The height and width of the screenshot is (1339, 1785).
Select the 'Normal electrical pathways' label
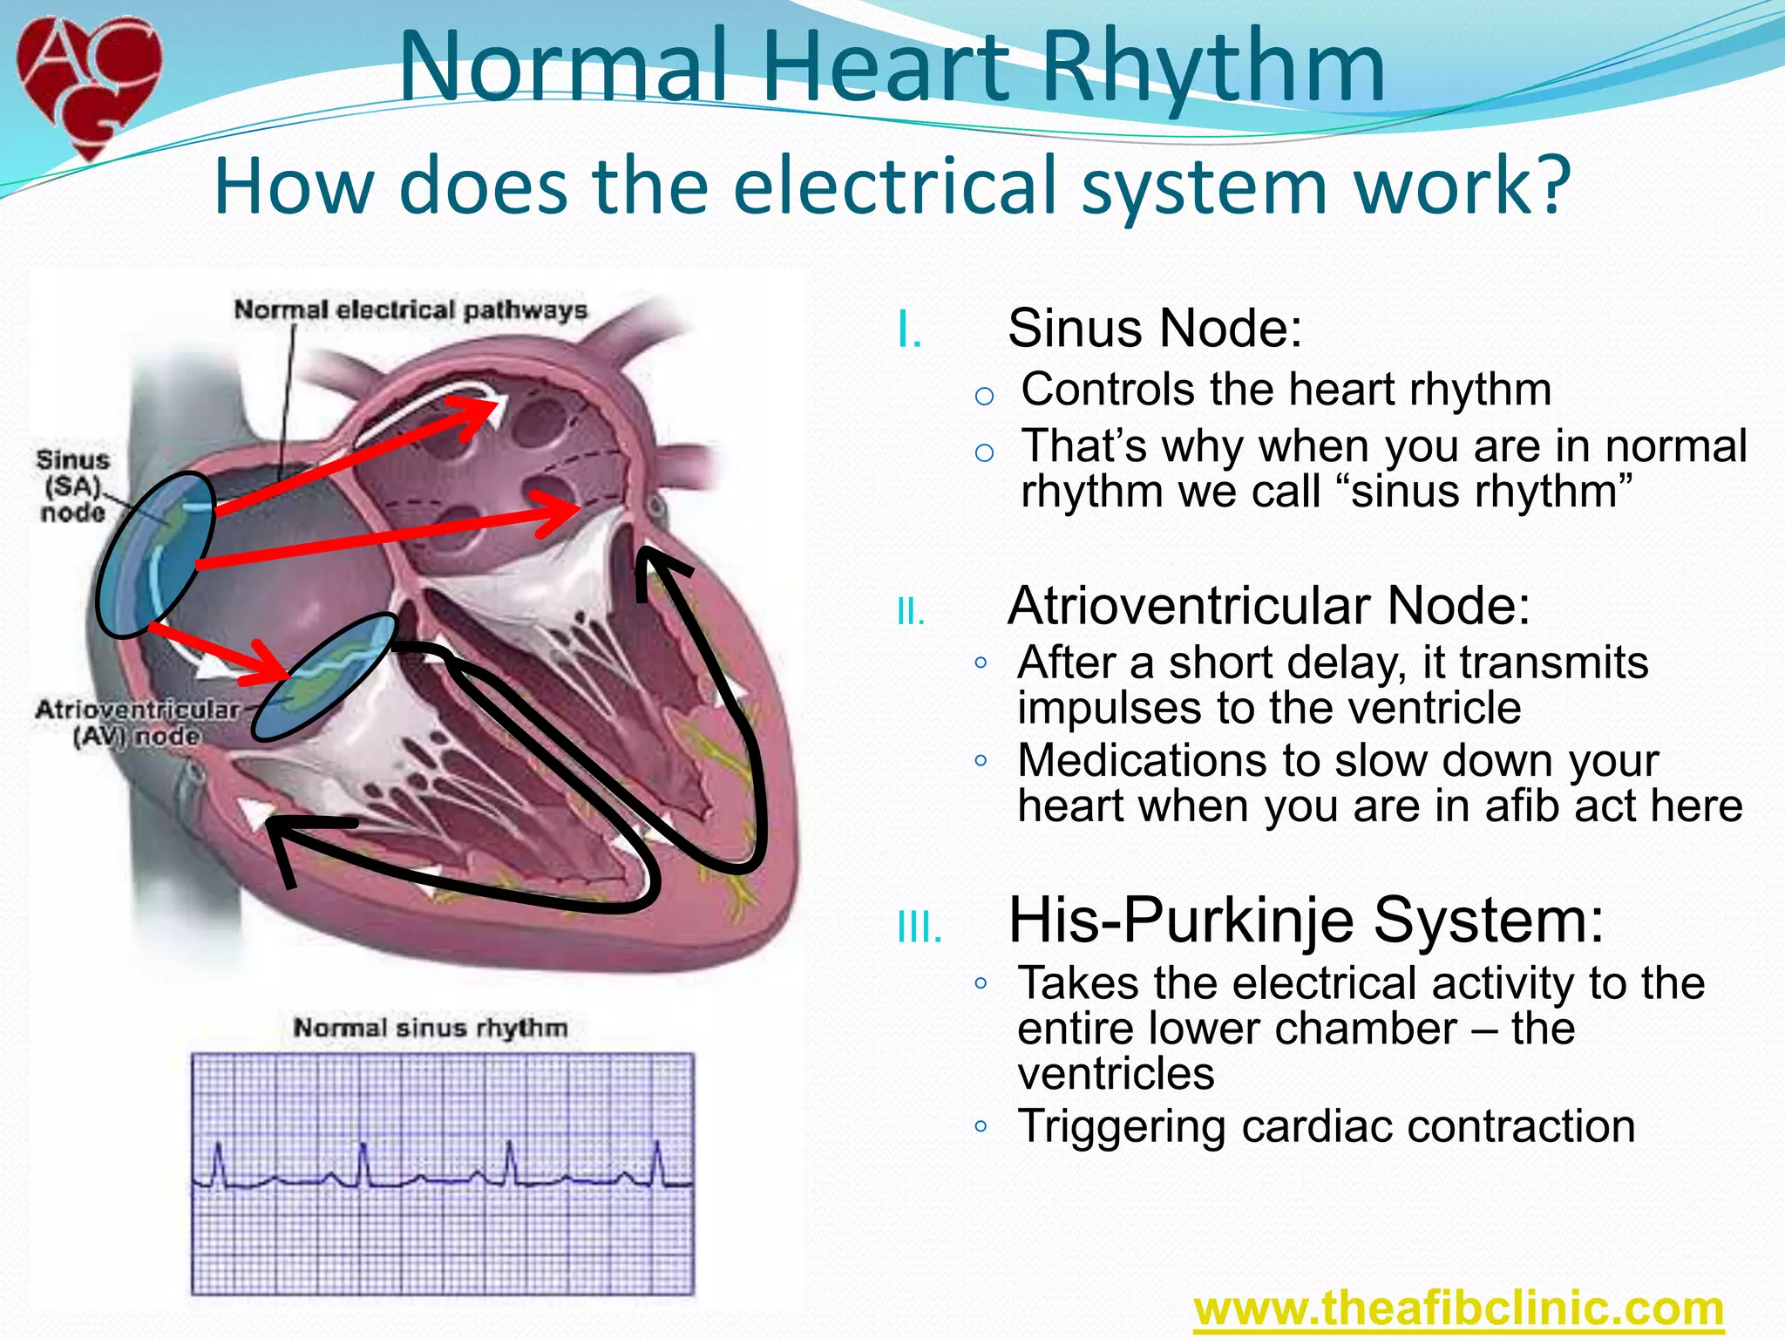pos(411,310)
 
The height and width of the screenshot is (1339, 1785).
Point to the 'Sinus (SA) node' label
pos(73,486)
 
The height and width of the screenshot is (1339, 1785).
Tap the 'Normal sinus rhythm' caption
pos(430,1028)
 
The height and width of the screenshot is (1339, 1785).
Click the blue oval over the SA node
pos(155,554)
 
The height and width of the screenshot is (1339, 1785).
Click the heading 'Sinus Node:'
pos(1154,329)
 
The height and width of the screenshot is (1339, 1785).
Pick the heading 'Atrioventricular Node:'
pos(1268,605)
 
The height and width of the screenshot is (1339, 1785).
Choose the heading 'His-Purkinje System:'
pos(1305,920)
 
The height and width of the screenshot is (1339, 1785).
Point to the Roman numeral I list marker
pos(909,332)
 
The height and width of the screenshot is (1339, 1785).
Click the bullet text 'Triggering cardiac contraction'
pos(1326,1125)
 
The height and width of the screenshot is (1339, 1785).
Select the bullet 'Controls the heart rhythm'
pos(1286,389)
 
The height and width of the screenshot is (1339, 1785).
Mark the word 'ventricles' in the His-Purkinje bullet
pos(1116,1073)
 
